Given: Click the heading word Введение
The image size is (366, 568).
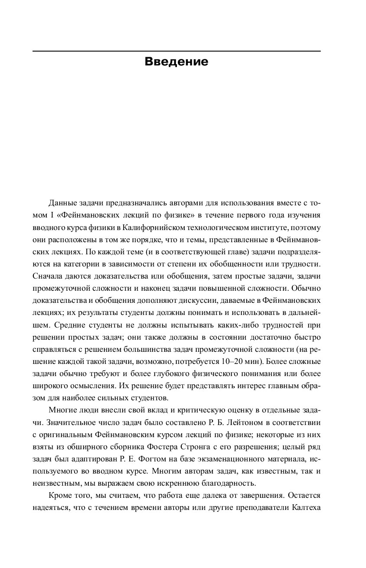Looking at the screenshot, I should [x=176, y=62].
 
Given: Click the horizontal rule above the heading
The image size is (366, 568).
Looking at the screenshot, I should [x=176, y=52].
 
